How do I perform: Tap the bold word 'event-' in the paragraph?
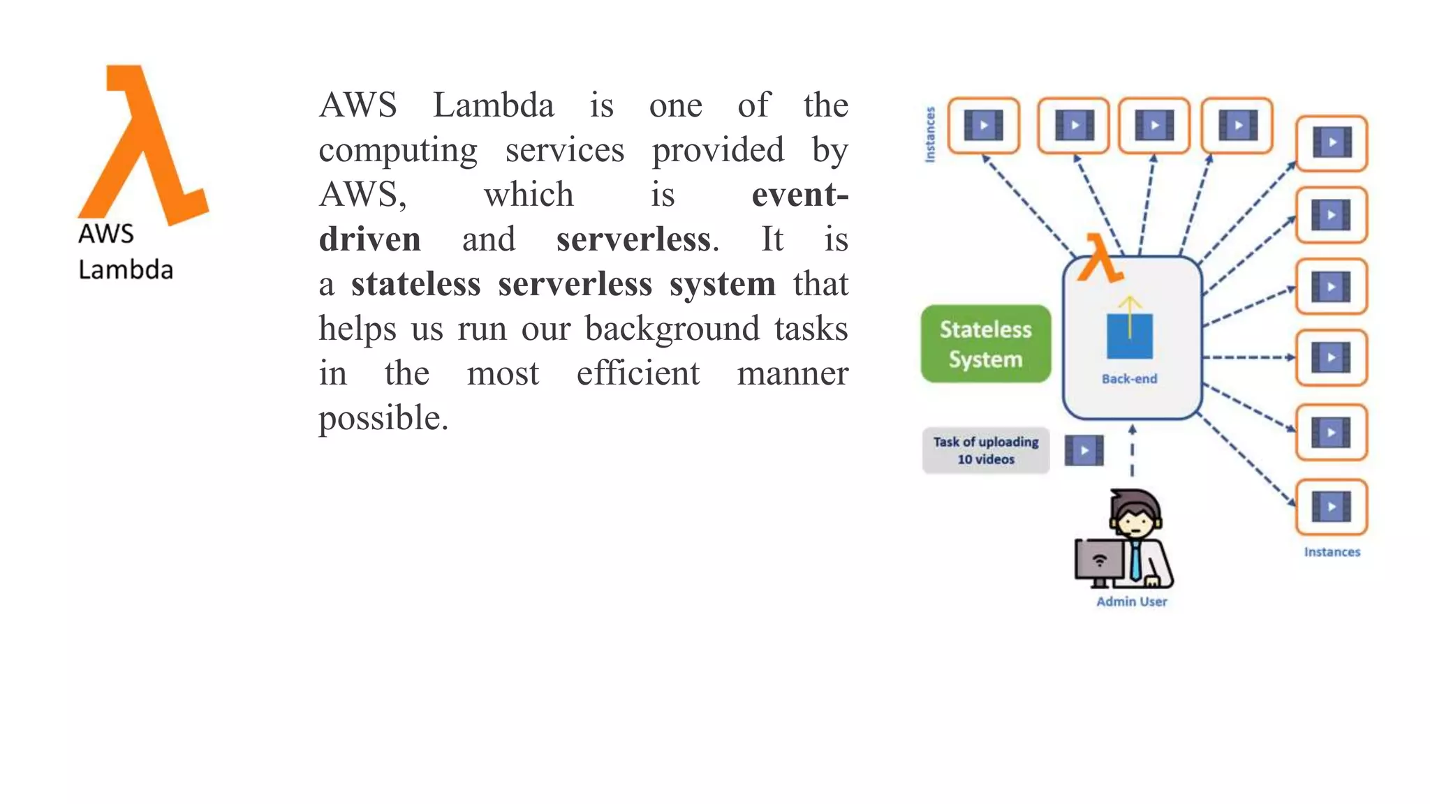pos(799,195)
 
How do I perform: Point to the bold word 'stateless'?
pos(415,284)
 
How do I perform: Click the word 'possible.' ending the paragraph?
pos(383,418)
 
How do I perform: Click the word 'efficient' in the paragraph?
pos(637,373)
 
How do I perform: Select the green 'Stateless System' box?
pos(985,344)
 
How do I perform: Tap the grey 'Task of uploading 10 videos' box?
pos(985,450)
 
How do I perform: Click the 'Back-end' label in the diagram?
pos(1129,379)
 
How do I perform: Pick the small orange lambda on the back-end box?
pos(1099,258)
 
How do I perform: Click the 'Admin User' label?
pos(1131,602)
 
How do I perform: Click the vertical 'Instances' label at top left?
pos(930,135)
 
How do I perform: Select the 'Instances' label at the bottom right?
pos(1332,552)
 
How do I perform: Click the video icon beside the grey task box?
pos(1084,451)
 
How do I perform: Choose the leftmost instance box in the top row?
pos(983,126)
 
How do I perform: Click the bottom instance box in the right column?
pos(1331,507)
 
